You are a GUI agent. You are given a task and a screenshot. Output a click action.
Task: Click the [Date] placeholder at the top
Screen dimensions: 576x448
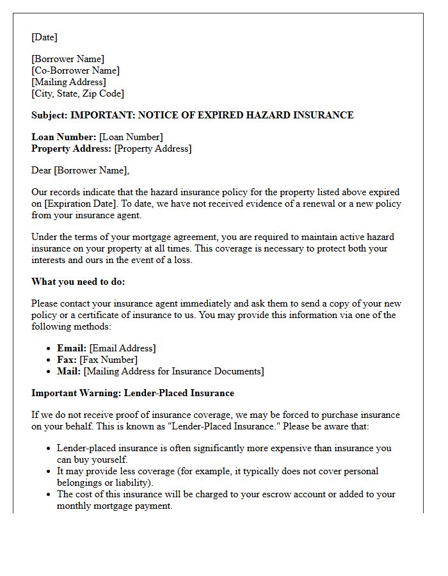pos(44,37)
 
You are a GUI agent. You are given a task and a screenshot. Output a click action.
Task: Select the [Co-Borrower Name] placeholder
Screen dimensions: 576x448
pos(76,70)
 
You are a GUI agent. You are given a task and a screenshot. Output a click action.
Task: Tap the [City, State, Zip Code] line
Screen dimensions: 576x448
pos(77,93)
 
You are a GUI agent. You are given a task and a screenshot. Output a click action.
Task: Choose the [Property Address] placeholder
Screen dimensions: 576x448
pos(152,148)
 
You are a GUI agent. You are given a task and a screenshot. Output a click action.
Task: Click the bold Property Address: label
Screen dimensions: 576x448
pos(71,148)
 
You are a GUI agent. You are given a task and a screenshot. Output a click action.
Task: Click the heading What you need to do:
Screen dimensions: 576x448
pos(78,282)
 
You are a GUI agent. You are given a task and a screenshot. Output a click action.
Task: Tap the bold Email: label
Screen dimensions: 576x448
pos(72,348)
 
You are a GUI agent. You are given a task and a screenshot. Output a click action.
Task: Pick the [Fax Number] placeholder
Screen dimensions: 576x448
pos(108,360)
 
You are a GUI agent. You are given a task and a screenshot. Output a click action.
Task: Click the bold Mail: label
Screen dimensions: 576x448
pos(69,371)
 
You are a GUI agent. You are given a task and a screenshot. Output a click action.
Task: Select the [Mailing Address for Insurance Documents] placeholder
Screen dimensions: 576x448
pos(173,371)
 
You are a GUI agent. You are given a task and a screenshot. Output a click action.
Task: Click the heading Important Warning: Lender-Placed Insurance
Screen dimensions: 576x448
pos(132,393)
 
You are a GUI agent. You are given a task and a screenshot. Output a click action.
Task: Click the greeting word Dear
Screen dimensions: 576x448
pos(41,170)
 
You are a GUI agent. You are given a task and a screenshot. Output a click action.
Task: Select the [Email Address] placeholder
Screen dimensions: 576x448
pos(122,348)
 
